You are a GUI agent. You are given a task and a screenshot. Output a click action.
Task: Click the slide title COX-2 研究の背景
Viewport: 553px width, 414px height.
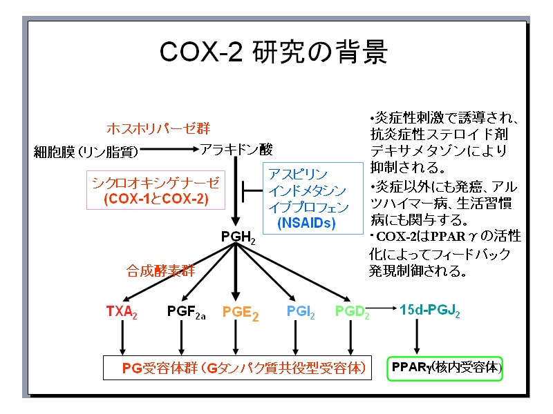[274, 53]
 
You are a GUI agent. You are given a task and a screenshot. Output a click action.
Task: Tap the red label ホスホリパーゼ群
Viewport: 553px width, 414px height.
[158, 128]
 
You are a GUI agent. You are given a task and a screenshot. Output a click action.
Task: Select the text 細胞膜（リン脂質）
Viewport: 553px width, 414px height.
[86, 150]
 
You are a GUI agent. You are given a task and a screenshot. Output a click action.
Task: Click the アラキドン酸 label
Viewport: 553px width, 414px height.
[236, 149]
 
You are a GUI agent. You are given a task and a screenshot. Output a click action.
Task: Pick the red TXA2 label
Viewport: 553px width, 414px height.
[122, 312]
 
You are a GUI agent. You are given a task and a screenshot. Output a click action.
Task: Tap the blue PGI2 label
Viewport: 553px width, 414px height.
[301, 312]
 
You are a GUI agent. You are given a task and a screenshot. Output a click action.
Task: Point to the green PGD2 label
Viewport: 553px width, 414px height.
[352, 311]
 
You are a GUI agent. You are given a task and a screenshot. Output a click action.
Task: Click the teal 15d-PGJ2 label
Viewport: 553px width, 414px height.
[429, 310]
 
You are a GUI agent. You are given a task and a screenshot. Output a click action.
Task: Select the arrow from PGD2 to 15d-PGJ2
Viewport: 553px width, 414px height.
[382, 307]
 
